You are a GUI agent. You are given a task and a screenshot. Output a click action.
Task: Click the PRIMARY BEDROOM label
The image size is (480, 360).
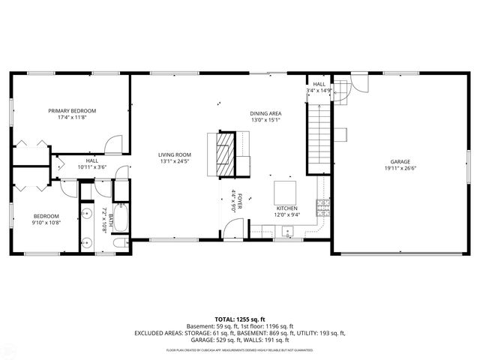tap(72, 110)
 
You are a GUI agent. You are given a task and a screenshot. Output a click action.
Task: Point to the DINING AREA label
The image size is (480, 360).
tap(265, 113)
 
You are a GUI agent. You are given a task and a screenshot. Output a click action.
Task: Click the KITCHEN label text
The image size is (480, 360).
tap(286, 208)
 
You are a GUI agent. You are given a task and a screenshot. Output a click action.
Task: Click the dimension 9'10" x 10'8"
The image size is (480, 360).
tap(46, 222)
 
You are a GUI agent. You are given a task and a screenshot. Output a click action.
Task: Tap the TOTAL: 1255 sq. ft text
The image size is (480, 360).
tap(240, 319)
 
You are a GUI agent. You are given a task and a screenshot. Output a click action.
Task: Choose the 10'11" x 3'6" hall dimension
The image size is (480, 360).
tap(92, 167)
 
